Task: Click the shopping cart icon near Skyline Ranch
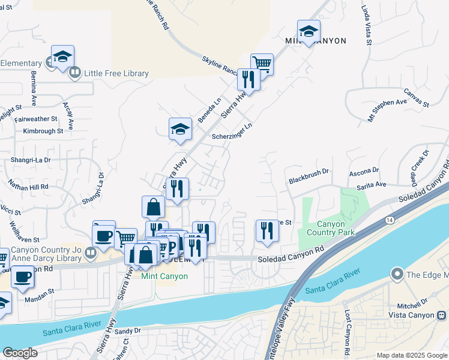[x=262, y=63]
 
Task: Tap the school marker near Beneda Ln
[x=180, y=128]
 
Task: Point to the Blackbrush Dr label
[x=309, y=172]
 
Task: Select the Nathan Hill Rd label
[x=29, y=187]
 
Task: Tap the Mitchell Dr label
[x=416, y=302]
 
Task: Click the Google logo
[x=20, y=353]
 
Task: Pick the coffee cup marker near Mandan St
[x=23, y=277]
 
